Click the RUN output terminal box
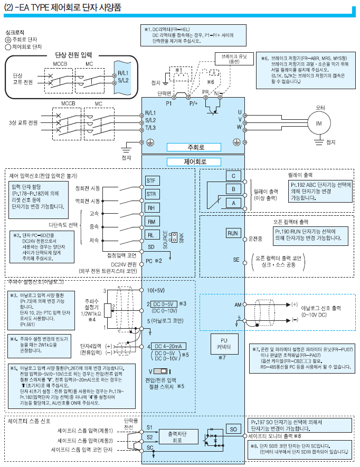tap(233, 233)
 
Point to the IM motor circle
tap(318, 123)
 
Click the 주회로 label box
tap(185, 147)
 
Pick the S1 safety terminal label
tap(149, 426)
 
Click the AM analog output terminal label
tap(238, 305)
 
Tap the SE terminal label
tap(236, 260)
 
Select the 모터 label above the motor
tap(320, 107)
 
